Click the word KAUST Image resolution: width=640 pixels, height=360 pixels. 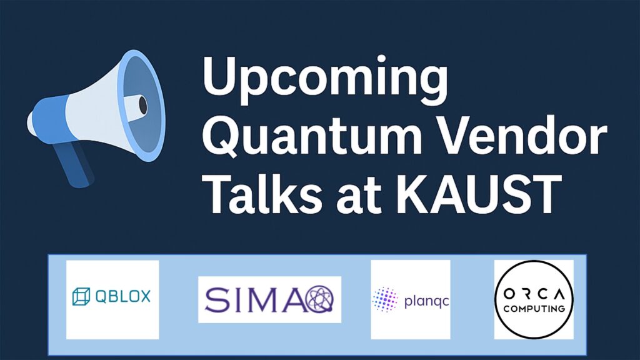pyautogui.click(x=479, y=194)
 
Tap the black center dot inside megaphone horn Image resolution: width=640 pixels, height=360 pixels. pyautogui.click(x=143, y=105)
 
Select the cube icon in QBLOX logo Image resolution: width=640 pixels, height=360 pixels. pyautogui.click(x=81, y=296)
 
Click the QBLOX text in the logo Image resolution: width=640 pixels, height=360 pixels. pyautogui.click(x=123, y=296)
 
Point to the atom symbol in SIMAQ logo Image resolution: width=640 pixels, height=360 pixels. pyautogui.click(x=319, y=299)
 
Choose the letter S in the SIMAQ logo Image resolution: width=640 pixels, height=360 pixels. pyautogui.click(x=216, y=299)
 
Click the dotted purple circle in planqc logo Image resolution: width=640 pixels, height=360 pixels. pyautogui.click(x=385, y=299)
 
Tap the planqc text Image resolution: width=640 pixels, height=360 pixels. pyautogui.click(x=426, y=302)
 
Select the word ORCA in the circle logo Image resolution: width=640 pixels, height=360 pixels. pyautogui.click(x=534, y=294)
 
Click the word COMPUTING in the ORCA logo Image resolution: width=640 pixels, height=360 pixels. pyautogui.click(x=534, y=309)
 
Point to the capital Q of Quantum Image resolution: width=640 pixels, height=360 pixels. pyautogui.click(x=222, y=135)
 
